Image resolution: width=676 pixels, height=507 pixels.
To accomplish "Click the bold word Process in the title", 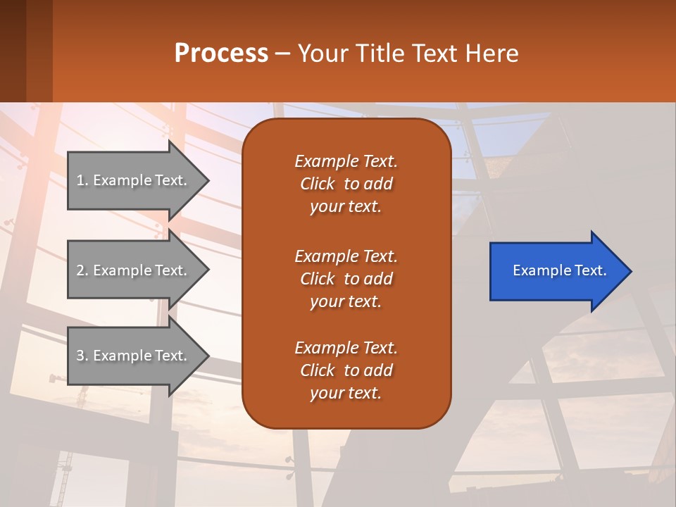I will pos(221,54).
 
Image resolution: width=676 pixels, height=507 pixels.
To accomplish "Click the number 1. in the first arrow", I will pos(82,180).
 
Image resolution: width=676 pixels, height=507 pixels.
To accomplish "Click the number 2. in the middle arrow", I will pos(82,270).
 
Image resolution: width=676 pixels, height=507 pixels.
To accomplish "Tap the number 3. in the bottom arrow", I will pos(82,356).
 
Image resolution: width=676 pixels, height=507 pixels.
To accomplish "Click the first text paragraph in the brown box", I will pos(346,184).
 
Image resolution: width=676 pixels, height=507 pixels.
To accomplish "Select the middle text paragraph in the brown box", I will pos(346,279).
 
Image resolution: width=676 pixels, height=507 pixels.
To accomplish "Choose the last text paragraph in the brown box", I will pos(346,370).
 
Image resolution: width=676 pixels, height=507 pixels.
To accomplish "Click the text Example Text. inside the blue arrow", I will pos(559,270).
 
